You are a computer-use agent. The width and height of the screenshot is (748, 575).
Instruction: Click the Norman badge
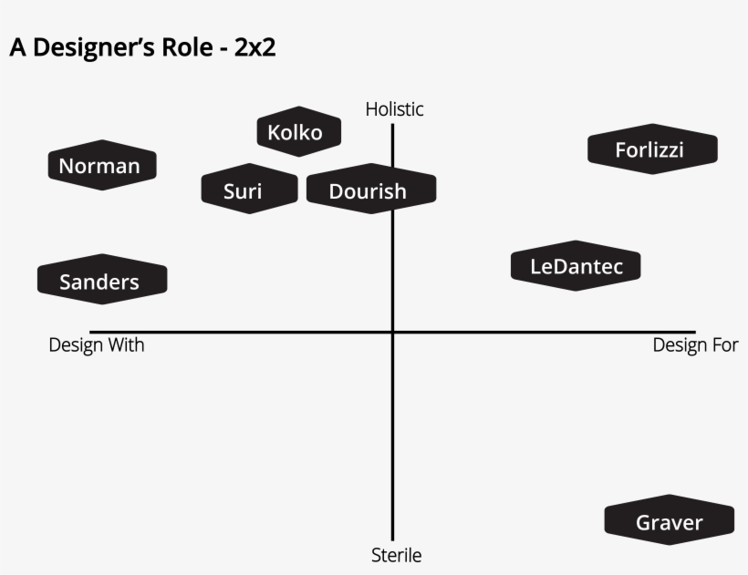101,165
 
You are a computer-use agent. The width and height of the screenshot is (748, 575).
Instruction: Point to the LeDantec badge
576,266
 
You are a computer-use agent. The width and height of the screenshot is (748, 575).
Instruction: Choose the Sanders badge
101,281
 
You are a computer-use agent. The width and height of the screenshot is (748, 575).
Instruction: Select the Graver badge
670,522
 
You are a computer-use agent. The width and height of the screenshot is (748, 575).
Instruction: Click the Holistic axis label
394,109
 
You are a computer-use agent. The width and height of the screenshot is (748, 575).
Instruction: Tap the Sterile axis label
396,554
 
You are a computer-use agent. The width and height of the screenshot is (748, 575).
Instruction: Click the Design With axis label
96,345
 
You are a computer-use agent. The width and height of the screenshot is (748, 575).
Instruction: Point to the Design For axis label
695,345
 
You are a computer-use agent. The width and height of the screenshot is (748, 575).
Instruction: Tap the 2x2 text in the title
255,48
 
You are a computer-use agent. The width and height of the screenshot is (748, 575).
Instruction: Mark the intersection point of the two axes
392,332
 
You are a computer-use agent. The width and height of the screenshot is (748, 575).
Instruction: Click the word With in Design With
126,345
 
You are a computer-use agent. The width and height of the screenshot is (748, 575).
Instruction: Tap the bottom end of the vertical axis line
392,539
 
